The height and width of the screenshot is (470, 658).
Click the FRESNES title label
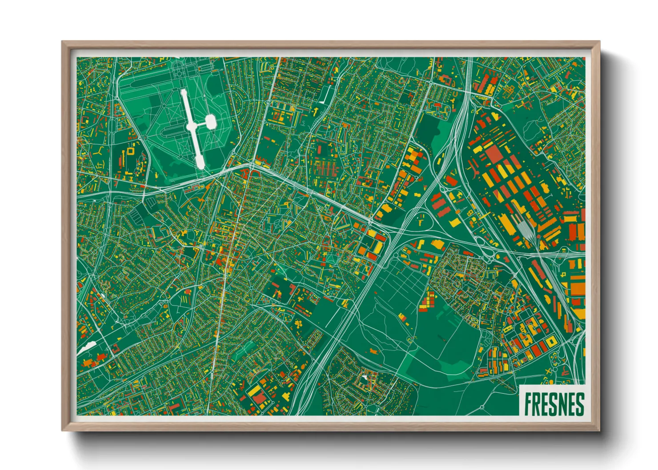click(x=554, y=404)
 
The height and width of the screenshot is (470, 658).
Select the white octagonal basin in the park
click(x=210, y=121)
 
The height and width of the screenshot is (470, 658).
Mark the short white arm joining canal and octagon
click(x=200, y=124)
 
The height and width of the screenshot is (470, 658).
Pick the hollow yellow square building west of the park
click(x=131, y=151)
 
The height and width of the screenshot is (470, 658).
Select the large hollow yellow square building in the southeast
click(x=551, y=341)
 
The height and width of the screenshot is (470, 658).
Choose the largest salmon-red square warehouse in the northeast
click(x=493, y=154)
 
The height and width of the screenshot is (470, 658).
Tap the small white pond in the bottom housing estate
click(x=365, y=378)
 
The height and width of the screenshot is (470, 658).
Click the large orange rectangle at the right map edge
click(x=578, y=289)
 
